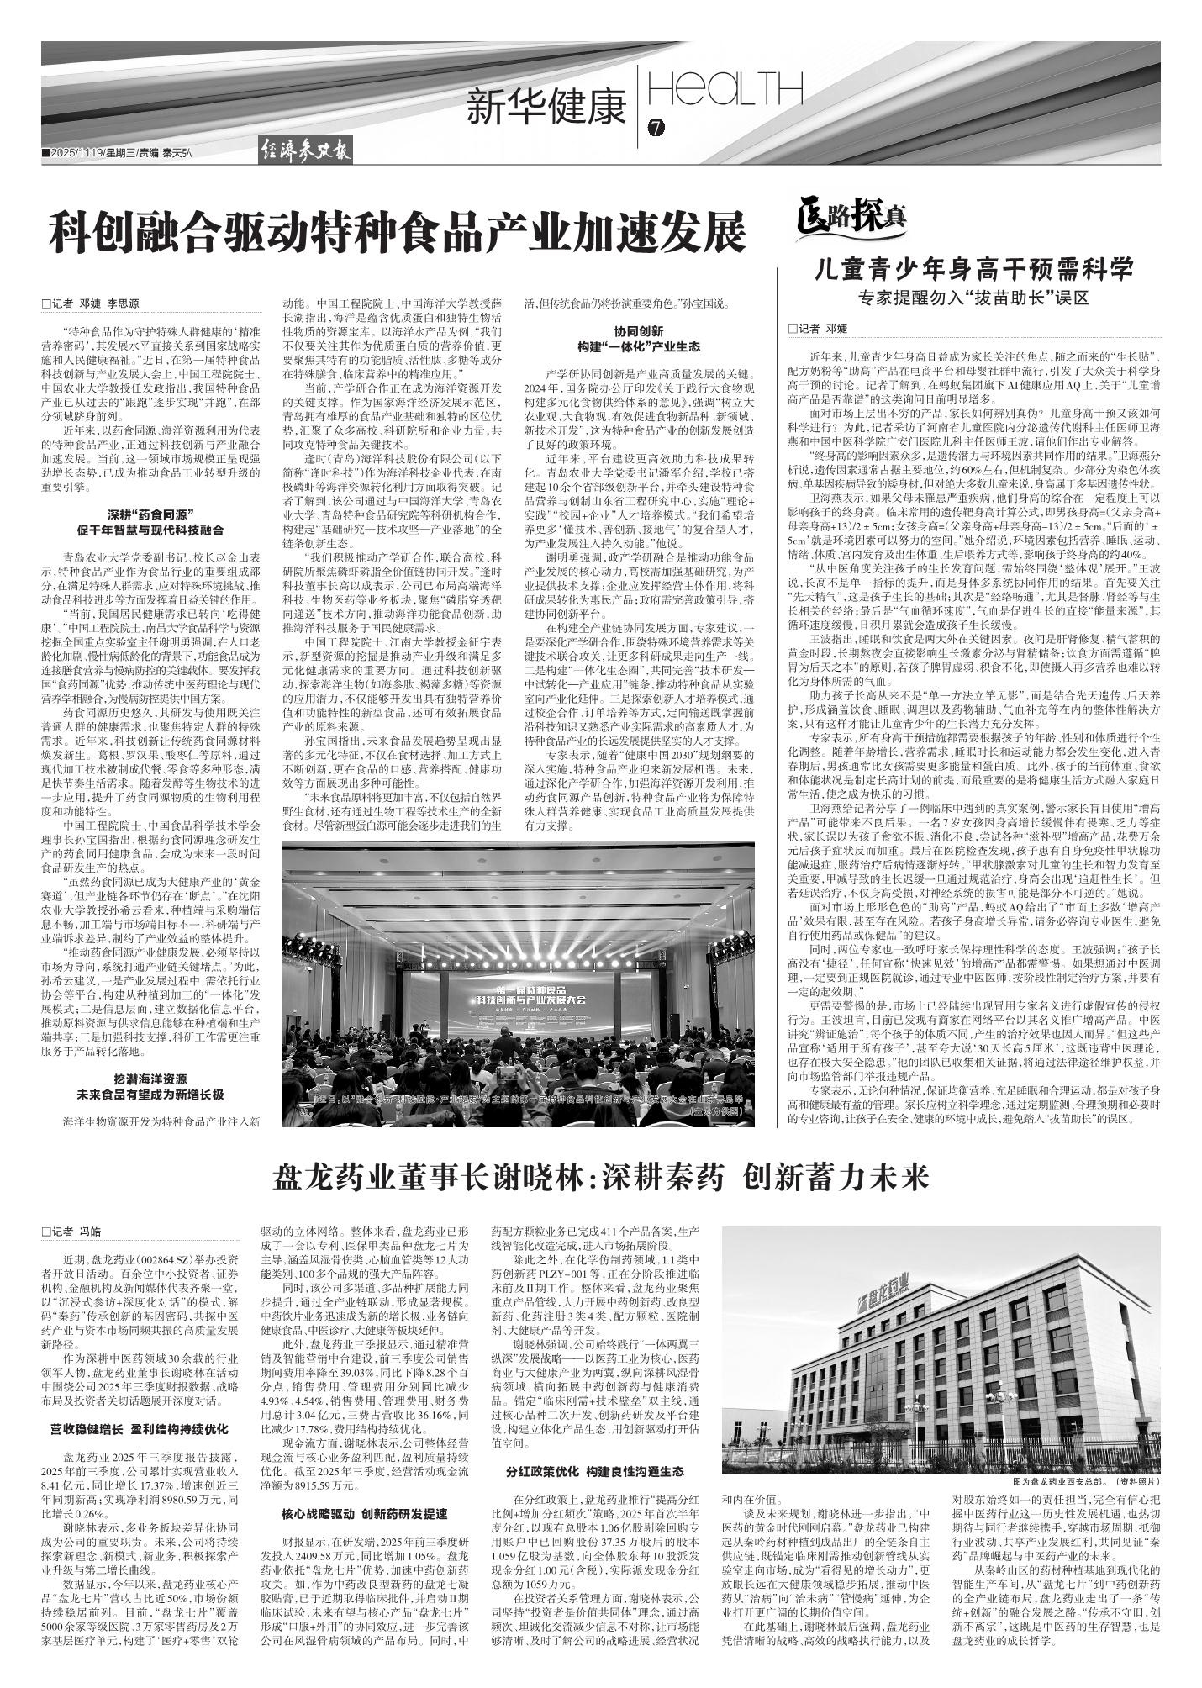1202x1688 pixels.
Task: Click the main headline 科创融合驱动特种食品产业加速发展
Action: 397,233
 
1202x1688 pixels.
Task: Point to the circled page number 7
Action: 656,129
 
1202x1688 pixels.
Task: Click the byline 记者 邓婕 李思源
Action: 92,303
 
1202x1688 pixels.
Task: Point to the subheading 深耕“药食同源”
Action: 150,514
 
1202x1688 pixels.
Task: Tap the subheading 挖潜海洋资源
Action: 150,1079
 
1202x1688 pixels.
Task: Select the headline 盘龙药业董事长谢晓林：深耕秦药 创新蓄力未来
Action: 601,1179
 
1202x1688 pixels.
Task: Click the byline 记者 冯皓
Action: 71,1232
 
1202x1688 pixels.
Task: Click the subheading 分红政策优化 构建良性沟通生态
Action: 595,1472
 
